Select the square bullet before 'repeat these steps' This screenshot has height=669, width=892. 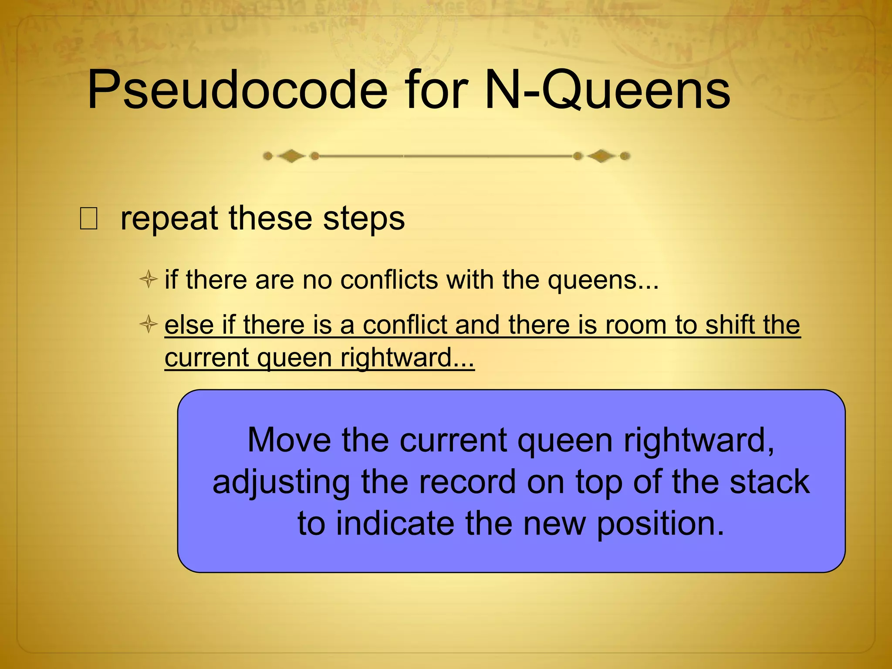[x=89, y=219]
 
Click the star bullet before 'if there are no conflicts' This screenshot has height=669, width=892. [x=149, y=279]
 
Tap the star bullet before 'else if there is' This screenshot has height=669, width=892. [x=149, y=324]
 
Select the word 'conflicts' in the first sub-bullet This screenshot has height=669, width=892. [x=389, y=280]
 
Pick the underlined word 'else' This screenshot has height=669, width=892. [x=189, y=325]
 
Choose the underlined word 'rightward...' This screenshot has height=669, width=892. [x=407, y=358]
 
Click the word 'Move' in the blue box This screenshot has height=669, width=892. [x=289, y=440]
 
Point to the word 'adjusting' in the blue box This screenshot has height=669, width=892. [x=281, y=483]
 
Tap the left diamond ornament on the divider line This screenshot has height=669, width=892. [x=291, y=156]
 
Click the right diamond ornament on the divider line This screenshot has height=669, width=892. [x=601, y=156]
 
